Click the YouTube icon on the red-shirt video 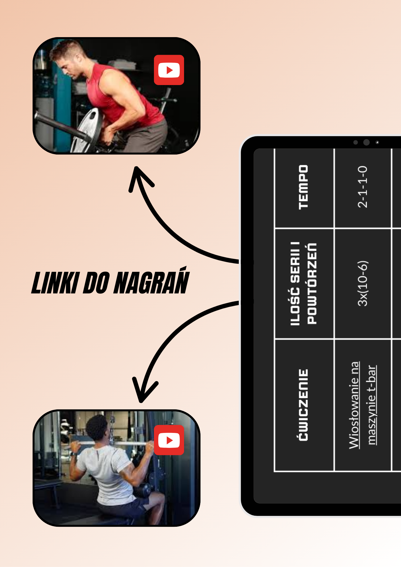(169, 70)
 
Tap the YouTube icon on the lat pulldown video (169, 440)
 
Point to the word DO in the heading (96, 283)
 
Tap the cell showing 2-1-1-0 (363, 187)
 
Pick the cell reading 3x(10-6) (363, 283)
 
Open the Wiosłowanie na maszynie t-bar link (363, 405)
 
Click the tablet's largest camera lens (366, 142)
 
